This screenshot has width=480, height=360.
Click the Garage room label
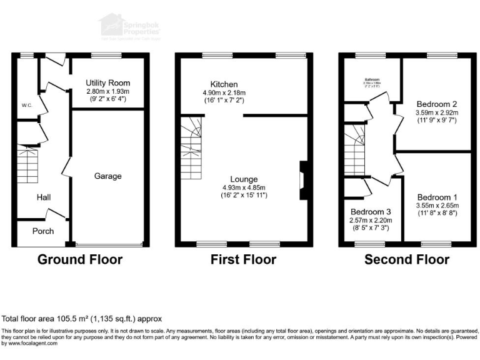coord(108,176)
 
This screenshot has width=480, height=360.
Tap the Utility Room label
coord(108,82)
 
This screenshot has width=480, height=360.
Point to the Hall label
coord(43,197)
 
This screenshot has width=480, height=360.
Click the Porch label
coord(43,231)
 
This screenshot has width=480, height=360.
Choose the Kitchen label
coord(224,84)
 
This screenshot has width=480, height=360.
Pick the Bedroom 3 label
coord(371,211)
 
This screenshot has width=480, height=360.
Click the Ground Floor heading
coord(80,259)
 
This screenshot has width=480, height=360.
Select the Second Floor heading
coord(406,259)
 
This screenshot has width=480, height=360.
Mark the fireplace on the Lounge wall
coord(303,181)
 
